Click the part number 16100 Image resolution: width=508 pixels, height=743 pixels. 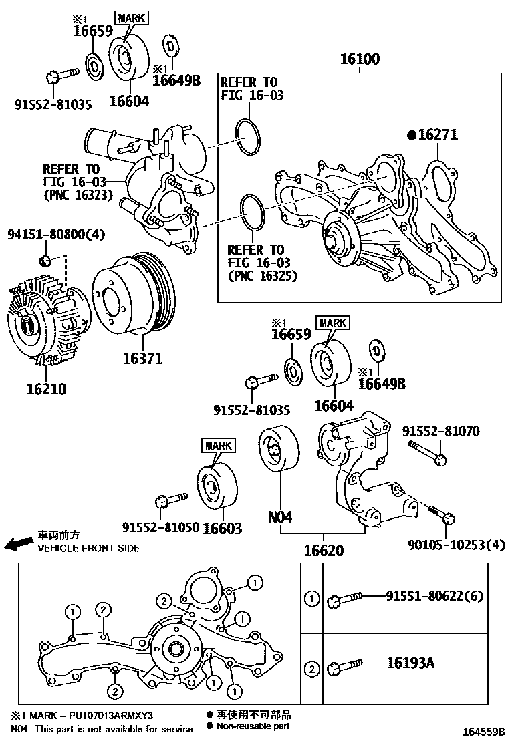tap(360, 59)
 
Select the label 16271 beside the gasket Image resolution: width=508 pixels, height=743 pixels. tap(438, 135)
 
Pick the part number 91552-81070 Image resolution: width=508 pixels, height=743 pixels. tap(440, 432)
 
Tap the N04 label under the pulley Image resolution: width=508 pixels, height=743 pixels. tap(281, 516)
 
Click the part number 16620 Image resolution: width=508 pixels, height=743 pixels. tap(324, 551)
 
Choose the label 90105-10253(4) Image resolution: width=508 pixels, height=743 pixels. tap(457, 545)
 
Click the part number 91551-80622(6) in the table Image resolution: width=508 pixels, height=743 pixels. tap(434, 596)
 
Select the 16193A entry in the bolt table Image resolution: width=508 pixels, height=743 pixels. tap(410, 663)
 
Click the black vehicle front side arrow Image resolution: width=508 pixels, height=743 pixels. tap(17, 544)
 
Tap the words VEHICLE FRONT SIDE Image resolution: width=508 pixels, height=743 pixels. tap(88, 548)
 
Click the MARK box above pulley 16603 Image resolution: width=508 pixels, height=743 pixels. tap(217, 446)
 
